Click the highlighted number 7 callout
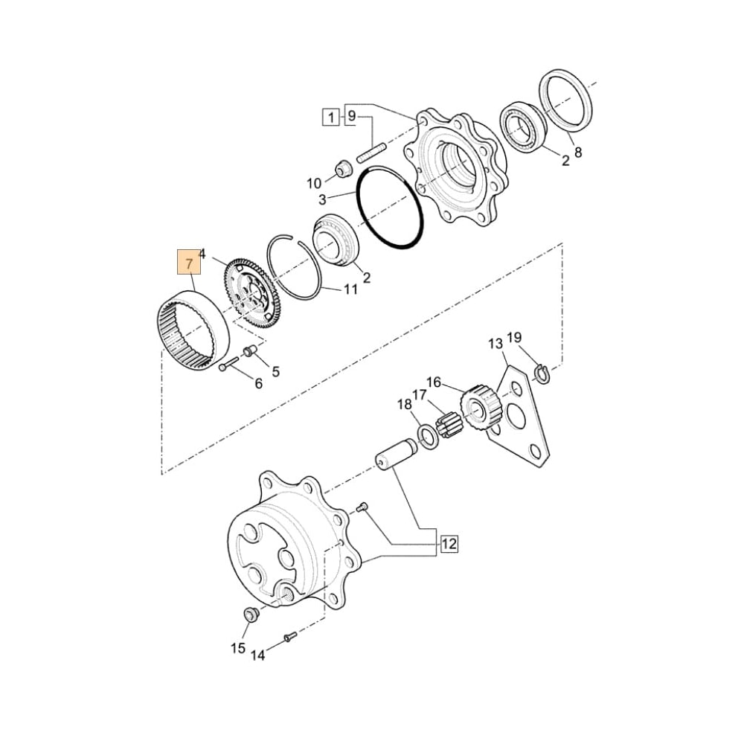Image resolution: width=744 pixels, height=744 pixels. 189,264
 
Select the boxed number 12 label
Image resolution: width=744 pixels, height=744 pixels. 448,545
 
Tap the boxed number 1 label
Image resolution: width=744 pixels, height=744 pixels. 330,116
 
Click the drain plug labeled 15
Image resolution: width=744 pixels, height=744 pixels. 251,615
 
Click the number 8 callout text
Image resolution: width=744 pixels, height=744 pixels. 578,153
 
